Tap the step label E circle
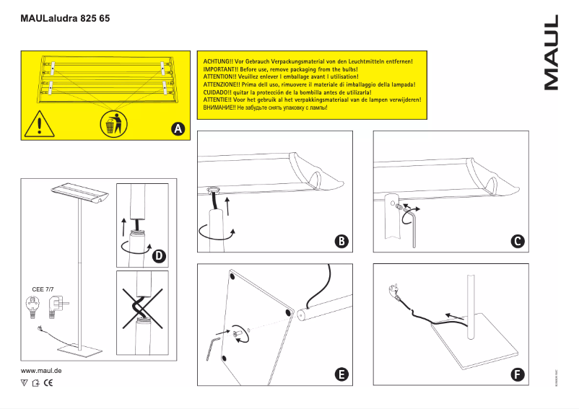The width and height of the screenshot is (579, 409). click(x=341, y=374)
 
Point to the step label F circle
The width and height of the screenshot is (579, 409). click(x=517, y=374)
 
